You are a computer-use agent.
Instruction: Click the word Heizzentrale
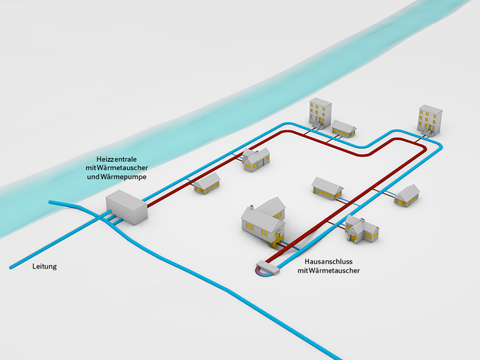112,158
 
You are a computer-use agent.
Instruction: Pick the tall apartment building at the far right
430,119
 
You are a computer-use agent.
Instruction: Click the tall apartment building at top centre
320,112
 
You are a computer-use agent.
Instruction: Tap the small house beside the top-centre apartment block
344,128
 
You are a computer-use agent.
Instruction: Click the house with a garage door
256,159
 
